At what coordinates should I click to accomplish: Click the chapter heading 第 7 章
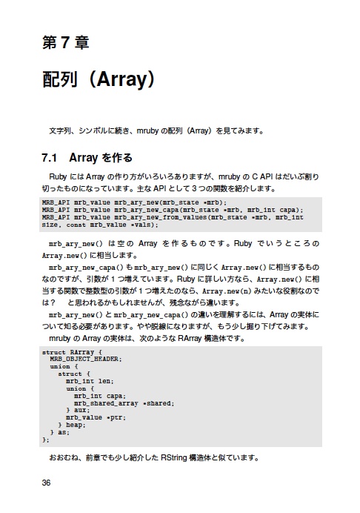[65, 43]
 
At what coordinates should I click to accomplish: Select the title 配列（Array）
[97, 79]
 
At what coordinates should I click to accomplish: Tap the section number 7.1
[50, 158]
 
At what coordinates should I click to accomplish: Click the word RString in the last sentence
[177, 457]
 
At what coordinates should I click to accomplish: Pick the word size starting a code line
[50, 224]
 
